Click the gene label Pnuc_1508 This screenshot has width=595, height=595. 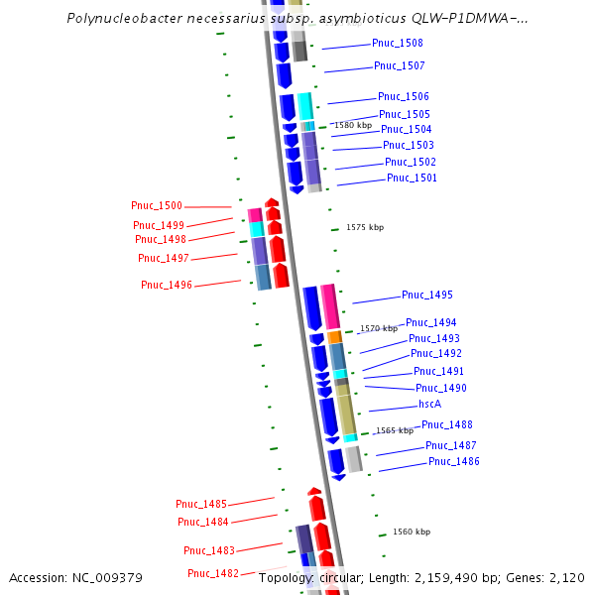[x=397, y=44]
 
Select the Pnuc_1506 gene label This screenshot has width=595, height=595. [x=403, y=97]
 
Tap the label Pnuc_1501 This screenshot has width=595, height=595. [x=412, y=178]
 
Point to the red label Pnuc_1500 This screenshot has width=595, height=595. [x=157, y=206]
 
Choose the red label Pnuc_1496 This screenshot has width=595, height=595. [x=167, y=286]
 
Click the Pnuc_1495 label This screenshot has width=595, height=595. [x=426, y=296]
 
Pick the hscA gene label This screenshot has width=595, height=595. [x=429, y=405]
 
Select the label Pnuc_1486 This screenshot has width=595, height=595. [x=453, y=462]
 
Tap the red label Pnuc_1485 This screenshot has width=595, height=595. [x=201, y=504]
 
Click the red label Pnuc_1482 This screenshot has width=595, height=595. [x=213, y=573]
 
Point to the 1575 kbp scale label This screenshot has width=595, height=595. [x=365, y=228]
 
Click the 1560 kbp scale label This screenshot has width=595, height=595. [x=412, y=533]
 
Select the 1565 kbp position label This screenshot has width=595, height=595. [x=394, y=431]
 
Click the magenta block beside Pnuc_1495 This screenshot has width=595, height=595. [x=329, y=306]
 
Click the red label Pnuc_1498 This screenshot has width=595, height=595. [x=161, y=239]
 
